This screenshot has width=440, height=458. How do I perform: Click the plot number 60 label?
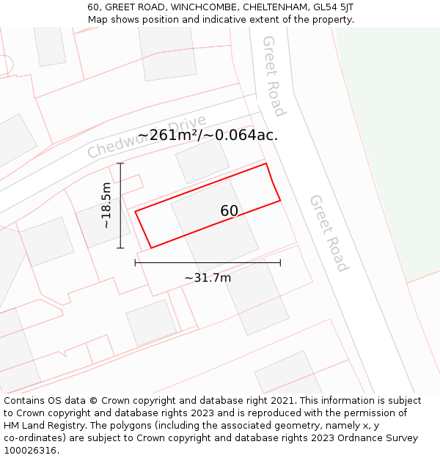point(229,211)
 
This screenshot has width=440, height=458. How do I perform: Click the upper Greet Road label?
point(273,75)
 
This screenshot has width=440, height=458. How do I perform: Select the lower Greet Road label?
point(328,232)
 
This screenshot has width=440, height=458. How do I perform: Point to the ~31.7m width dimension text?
point(208,278)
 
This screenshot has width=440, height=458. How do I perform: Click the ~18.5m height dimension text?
point(107,205)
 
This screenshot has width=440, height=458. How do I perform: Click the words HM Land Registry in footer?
point(43,426)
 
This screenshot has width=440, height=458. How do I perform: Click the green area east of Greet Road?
point(389,147)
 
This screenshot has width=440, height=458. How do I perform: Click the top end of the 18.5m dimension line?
point(121,163)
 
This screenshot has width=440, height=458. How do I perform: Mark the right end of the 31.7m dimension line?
point(280,262)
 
